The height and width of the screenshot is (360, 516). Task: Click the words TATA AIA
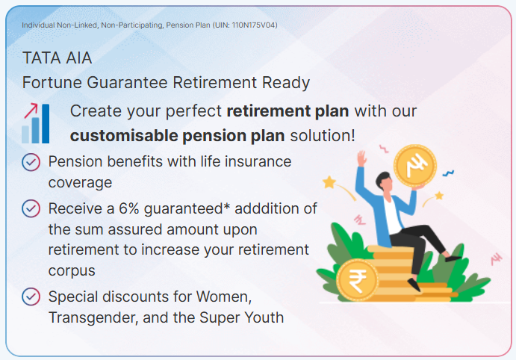pos(57,58)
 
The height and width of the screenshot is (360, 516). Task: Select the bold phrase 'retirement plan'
pos(287,111)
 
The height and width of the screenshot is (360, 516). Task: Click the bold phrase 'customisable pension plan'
pos(178,136)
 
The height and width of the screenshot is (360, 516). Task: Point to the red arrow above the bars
pos(31,111)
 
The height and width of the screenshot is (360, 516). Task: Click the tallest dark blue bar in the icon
pos(46,123)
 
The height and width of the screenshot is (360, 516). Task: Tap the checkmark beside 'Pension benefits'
pos(31,162)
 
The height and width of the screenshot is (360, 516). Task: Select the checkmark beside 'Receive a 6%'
pos(31,208)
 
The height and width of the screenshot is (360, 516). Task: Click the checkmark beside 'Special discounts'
pos(31,297)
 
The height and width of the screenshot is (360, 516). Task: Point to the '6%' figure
pos(128,208)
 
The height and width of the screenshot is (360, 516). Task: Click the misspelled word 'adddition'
pos(276,208)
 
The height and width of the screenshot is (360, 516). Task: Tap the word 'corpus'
pos(72,271)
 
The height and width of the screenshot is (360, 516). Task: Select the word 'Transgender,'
pos(93,318)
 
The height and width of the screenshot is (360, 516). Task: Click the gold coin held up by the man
pos(415,166)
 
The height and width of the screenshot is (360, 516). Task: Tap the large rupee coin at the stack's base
pos(358,279)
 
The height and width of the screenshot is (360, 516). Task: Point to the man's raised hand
pos(362,158)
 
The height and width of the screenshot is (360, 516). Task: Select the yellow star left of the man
pos(329,182)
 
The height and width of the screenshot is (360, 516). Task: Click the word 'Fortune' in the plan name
pos(52,83)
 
